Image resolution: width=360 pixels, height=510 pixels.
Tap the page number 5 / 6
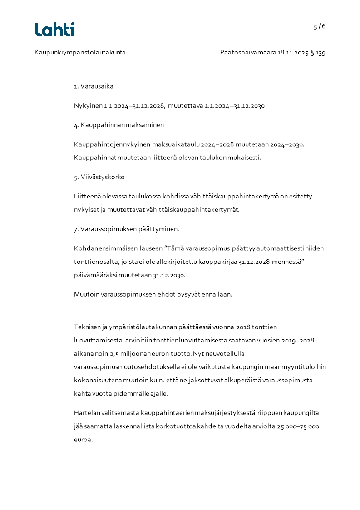[x=320, y=26]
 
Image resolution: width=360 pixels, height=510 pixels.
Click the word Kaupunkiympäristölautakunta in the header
[x=80, y=53]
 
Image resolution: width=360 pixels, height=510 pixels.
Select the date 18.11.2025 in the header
[x=293, y=53]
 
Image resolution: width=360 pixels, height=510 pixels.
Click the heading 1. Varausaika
[x=94, y=86]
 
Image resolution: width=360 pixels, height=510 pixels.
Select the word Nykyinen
[x=88, y=106]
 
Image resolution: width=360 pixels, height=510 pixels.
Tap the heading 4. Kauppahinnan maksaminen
[x=119, y=125]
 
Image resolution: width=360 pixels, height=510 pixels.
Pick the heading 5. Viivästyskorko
[x=99, y=177]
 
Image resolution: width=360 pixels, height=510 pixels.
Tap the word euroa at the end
[x=83, y=440]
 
